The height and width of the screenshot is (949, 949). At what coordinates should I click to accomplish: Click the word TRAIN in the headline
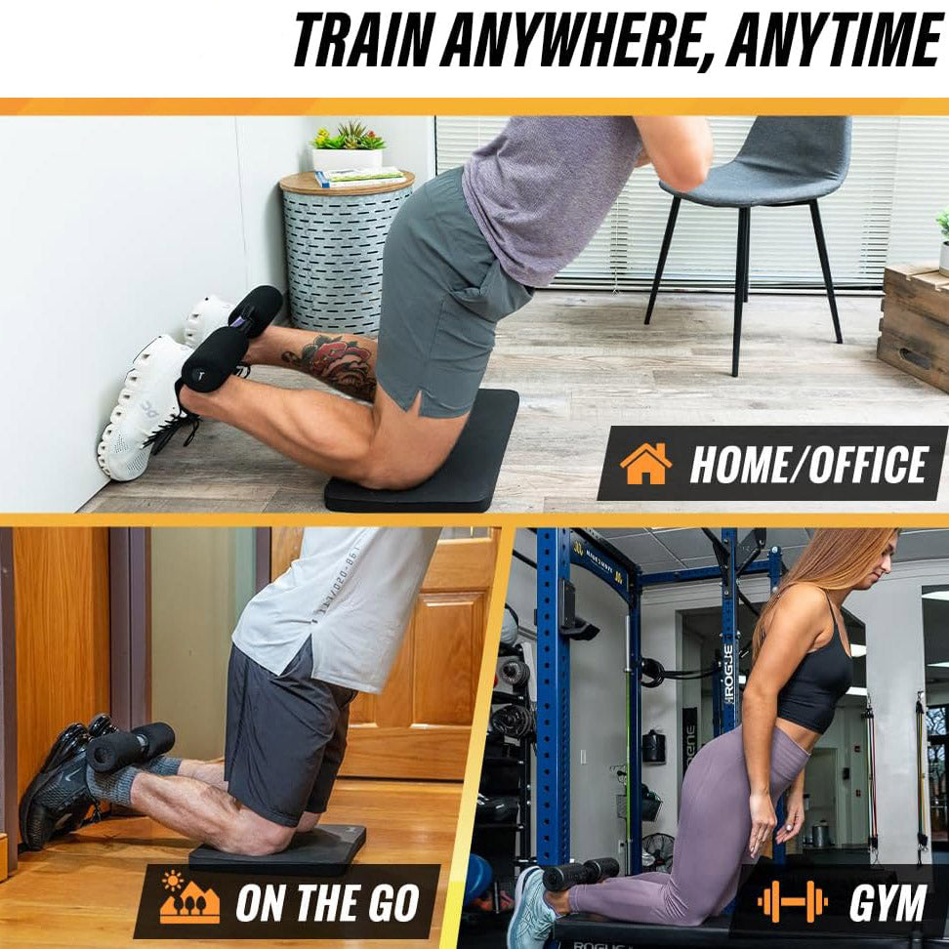(362, 40)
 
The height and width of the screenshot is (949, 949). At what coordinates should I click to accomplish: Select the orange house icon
(645, 464)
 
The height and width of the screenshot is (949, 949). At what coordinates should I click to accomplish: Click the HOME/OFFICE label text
(808, 464)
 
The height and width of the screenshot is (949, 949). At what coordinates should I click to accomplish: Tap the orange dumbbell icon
(792, 901)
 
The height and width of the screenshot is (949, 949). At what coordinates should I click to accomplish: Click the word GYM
(887, 902)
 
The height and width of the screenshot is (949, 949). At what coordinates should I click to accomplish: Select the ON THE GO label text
(327, 902)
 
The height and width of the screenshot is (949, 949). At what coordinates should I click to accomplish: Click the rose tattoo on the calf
(336, 363)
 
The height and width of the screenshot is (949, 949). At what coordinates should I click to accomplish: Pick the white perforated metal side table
(345, 254)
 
